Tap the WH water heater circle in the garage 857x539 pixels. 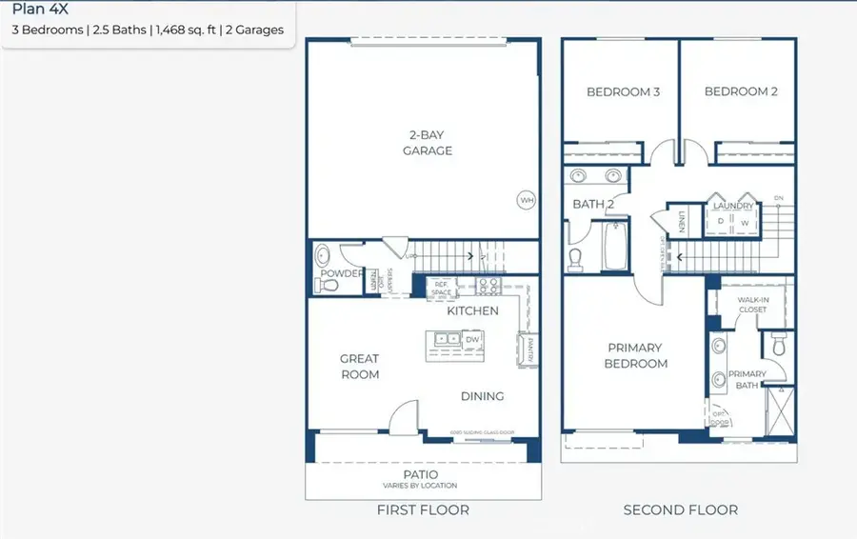526,200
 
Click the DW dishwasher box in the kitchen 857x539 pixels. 472,339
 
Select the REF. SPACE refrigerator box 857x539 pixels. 442,287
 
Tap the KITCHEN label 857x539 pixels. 472,310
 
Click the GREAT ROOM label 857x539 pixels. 360,367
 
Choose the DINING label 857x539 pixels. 482,396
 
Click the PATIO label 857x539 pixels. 420,474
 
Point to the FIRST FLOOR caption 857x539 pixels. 423,510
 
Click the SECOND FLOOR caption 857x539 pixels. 680,510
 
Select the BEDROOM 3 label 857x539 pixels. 623,92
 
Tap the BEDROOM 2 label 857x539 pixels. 741,92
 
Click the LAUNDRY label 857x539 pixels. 733,206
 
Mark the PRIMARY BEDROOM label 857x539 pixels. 634,355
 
